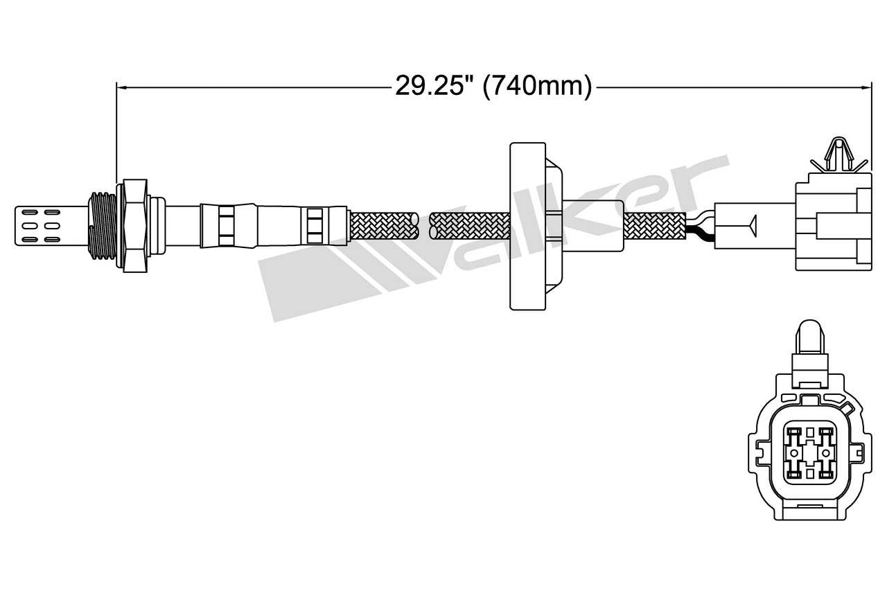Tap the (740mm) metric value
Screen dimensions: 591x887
point(537,87)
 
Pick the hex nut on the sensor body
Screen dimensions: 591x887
point(134,225)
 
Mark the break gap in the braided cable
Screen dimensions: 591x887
point(424,226)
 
